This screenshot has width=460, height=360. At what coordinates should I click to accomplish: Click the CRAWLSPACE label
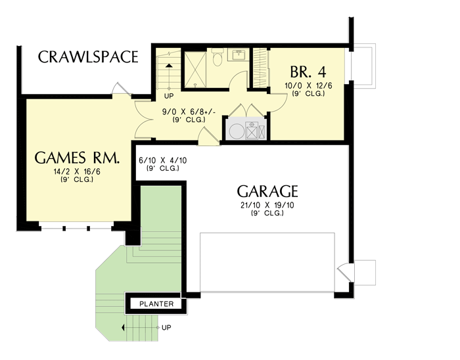coord(88,56)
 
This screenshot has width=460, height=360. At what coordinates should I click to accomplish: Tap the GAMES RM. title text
coord(77,158)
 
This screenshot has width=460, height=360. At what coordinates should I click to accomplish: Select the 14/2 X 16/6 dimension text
coord(76,172)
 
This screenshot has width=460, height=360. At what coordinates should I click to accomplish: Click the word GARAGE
coord(267,192)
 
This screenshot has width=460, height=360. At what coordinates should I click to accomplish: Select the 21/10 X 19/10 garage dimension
coord(267,207)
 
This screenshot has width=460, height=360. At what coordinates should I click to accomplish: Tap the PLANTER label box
coord(156,304)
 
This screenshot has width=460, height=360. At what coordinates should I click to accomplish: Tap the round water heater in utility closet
coord(236,130)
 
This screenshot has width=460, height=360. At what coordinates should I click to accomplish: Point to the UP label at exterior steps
coord(166,327)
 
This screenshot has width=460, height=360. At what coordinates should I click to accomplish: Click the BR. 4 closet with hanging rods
coord(261,67)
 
